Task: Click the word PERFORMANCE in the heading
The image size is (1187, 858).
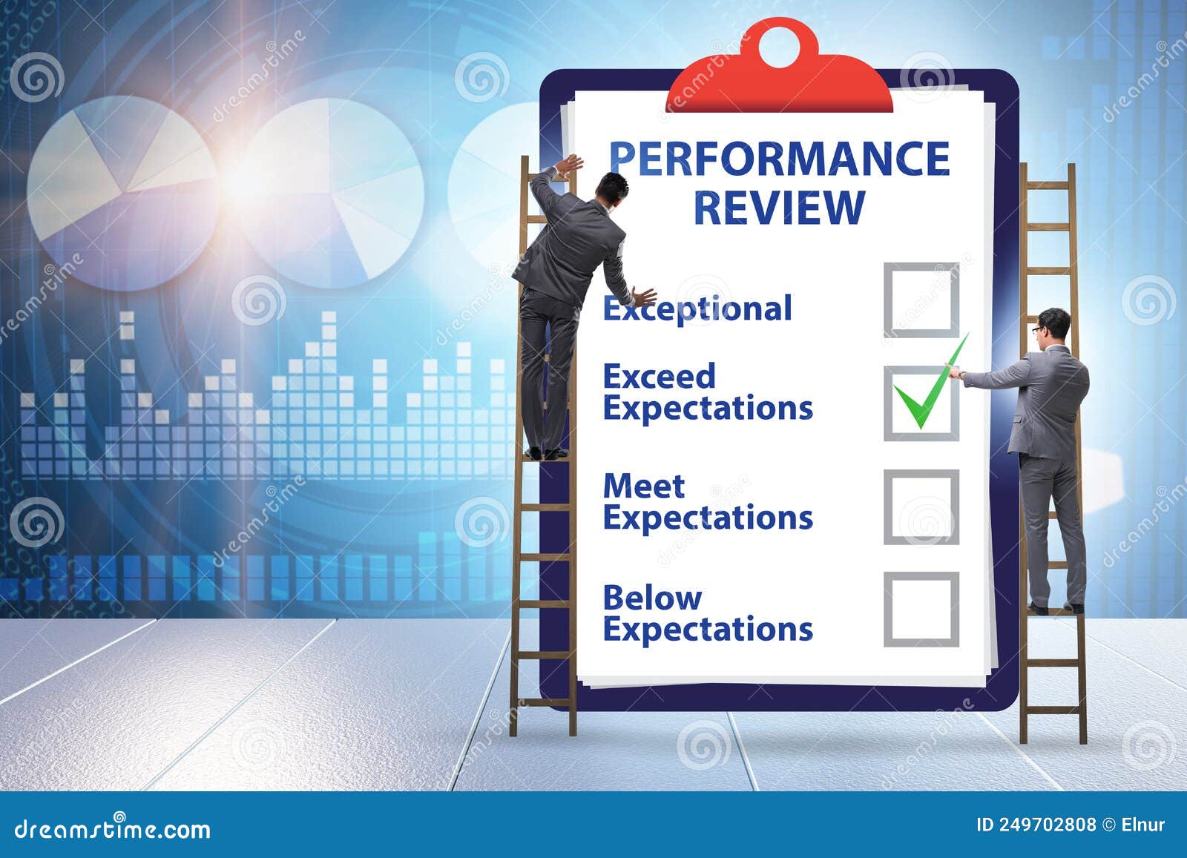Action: pyautogui.click(x=779, y=159)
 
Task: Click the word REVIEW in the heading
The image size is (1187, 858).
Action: pyautogui.click(x=779, y=207)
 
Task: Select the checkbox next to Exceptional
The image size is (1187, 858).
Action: pyautogui.click(x=921, y=300)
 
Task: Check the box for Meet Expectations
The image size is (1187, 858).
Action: pyautogui.click(x=921, y=507)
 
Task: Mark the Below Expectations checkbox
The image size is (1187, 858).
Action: pyautogui.click(x=921, y=610)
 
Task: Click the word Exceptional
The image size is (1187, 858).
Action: pyautogui.click(x=697, y=308)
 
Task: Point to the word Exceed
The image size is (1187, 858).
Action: pyautogui.click(x=659, y=377)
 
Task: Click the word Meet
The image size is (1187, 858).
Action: pyautogui.click(x=643, y=486)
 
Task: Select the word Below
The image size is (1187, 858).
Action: pyautogui.click(x=651, y=598)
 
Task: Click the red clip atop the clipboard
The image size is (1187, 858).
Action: pyautogui.click(x=779, y=82)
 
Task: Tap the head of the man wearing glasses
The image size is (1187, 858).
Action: pyautogui.click(x=1053, y=327)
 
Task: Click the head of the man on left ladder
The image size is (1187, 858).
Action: pyautogui.click(x=613, y=188)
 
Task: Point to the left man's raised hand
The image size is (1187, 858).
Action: pyautogui.click(x=570, y=165)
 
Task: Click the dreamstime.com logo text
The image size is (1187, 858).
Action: pyautogui.click(x=112, y=828)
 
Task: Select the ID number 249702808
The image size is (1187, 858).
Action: pyautogui.click(x=1046, y=825)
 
